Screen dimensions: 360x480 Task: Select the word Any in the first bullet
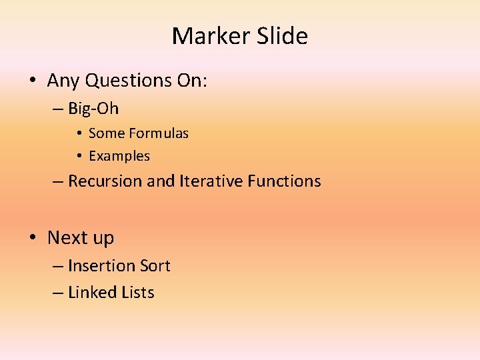(62, 81)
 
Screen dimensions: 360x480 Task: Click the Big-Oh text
(93, 109)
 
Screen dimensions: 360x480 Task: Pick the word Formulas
(159, 133)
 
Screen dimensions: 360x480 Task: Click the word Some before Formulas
(107, 133)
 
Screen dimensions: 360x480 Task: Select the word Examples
(119, 156)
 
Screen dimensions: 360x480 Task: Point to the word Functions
(284, 181)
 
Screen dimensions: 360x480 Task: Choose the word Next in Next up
(66, 237)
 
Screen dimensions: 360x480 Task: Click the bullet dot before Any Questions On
(32, 81)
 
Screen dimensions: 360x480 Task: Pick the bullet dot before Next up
(32, 238)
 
